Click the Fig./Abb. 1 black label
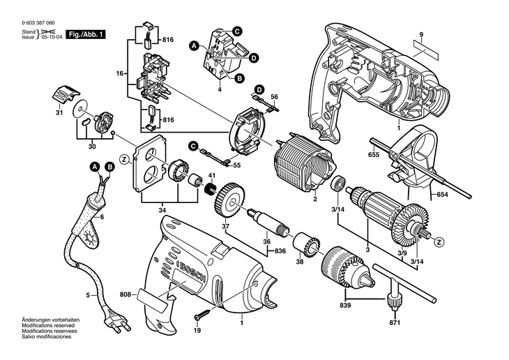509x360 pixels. pos(86,34)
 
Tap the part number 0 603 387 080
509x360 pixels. pos(38,23)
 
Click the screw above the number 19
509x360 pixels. pos(203,315)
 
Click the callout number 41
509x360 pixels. pos(212,176)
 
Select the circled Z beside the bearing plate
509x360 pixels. pos(124,160)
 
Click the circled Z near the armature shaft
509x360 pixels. pos(440,241)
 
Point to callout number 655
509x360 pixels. pos(374,155)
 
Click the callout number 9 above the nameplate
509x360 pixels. pos(420,34)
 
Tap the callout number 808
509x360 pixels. pos(125,294)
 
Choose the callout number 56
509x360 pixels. pos(274,96)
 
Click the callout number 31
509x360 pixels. pos(59,113)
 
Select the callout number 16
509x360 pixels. pos(120,73)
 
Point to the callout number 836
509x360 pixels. pos(280,251)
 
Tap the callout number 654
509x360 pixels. pos(442,195)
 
